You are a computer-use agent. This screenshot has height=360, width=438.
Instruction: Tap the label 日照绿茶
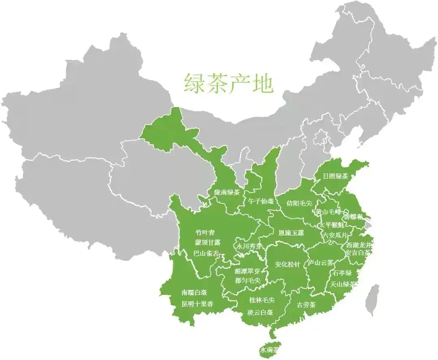(x=335, y=176)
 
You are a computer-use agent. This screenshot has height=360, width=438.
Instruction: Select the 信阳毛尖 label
(x=299, y=203)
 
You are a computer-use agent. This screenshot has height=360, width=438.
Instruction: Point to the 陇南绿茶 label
(x=227, y=193)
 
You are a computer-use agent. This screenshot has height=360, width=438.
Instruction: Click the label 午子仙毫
(x=261, y=201)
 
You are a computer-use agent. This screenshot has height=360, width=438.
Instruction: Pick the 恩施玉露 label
(x=291, y=233)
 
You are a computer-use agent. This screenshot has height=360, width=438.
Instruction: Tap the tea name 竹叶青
(x=205, y=232)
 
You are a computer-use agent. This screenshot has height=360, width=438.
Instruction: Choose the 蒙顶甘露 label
(x=208, y=242)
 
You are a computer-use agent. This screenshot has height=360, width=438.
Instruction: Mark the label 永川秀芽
(x=249, y=246)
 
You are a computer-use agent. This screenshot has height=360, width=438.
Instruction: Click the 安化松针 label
(x=288, y=265)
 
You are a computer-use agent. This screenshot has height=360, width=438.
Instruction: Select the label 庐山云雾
(x=320, y=263)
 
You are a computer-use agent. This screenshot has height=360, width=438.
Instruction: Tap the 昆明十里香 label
(x=197, y=304)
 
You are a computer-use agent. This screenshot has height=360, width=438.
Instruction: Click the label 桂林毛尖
(x=262, y=300)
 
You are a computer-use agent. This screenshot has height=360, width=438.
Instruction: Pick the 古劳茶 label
(x=306, y=305)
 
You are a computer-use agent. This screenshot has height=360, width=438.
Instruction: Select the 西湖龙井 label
(x=359, y=245)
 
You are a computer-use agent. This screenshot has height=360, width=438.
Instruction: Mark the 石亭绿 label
(x=342, y=273)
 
